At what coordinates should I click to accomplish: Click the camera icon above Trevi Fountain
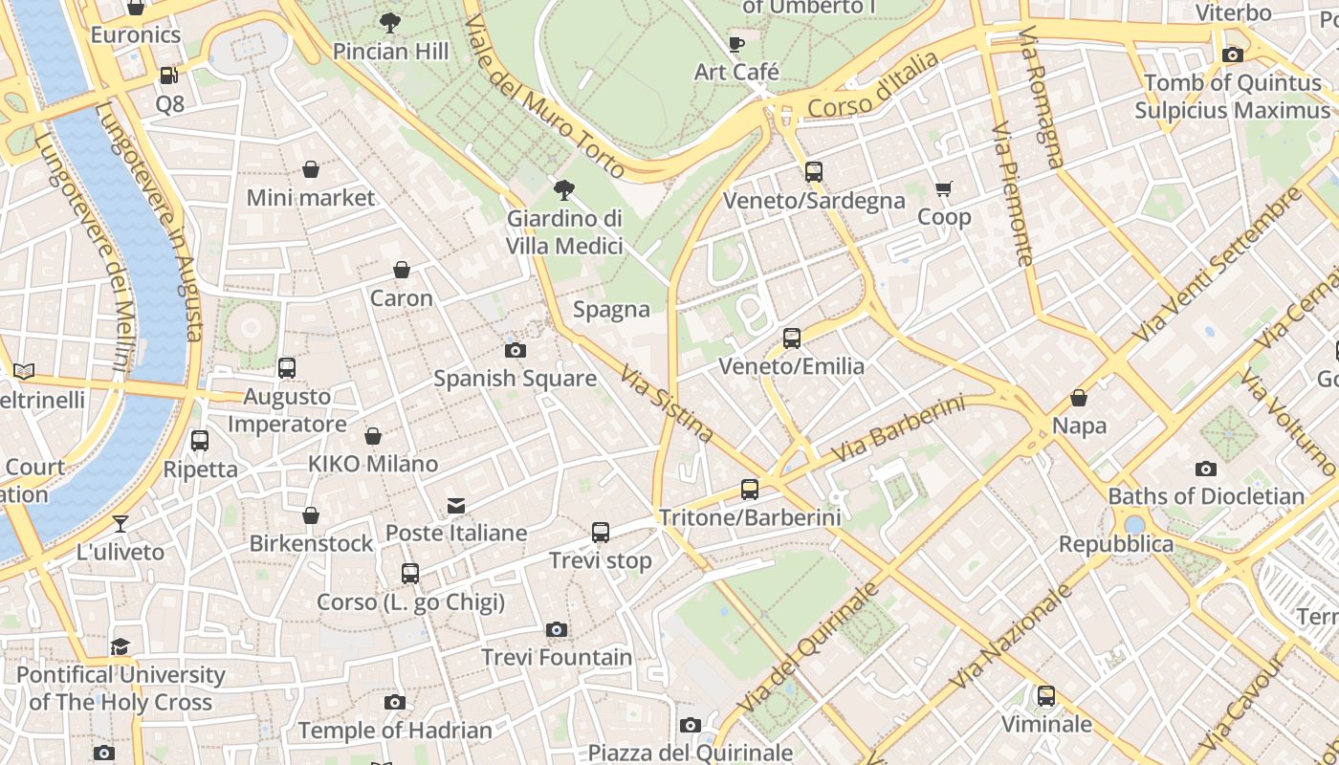tap(557, 629)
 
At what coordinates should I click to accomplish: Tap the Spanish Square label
tap(516, 379)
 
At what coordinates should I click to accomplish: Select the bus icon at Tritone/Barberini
tap(750, 489)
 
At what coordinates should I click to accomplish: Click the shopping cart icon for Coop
tap(944, 188)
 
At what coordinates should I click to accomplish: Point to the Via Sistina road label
tap(667, 404)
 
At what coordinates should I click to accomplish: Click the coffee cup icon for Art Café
tap(736, 44)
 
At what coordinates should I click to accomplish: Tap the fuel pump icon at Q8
tap(169, 75)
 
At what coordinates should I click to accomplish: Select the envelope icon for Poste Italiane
tap(456, 505)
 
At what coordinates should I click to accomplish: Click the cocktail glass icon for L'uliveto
tap(121, 523)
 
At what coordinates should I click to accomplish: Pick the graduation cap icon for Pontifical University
tap(121, 646)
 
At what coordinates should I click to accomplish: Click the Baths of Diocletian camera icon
tap(1206, 469)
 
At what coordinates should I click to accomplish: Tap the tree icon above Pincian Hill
tap(390, 22)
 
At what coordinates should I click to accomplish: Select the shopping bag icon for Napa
tap(1079, 398)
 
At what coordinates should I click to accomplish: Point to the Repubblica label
tap(1115, 544)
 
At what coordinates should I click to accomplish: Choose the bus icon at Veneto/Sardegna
tap(814, 172)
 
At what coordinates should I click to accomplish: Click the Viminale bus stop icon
tap(1046, 695)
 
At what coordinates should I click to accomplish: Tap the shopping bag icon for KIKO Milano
tap(373, 436)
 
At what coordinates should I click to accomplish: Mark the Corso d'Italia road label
tap(873, 86)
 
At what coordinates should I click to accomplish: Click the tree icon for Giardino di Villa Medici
tap(564, 189)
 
